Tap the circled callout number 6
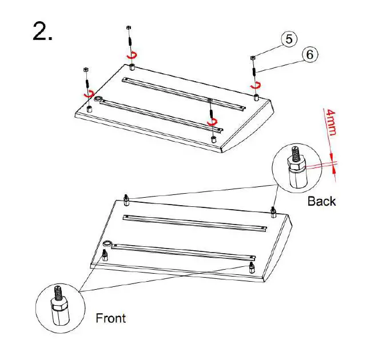[x=309, y=54]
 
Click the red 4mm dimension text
[x=331, y=123]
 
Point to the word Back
[x=321, y=201]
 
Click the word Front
[x=110, y=318]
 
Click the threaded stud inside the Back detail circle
[x=295, y=153]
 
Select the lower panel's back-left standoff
[x=126, y=199]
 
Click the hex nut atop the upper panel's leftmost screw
[x=86, y=69]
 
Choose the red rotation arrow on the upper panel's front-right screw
[x=213, y=122]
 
